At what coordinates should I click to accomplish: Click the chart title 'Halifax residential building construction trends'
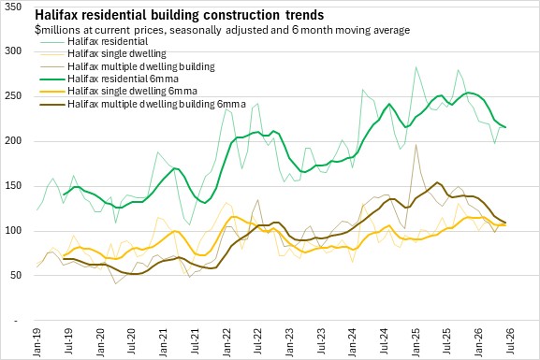(x=179, y=15)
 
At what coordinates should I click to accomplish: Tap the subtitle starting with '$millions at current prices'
(x=222, y=30)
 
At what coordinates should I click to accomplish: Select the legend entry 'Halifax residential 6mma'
(x=123, y=79)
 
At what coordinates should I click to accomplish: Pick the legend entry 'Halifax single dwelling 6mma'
(x=132, y=92)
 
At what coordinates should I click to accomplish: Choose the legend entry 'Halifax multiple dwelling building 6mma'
(x=156, y=104)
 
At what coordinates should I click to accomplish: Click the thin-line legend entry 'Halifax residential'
(x=108, y=41)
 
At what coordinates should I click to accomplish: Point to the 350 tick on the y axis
(x=13, y=7)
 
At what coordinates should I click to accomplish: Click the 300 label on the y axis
(x=13, y=51)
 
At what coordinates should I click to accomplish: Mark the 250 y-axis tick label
(x=13, y=96)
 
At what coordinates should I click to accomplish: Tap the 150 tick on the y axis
(x=13, y=186)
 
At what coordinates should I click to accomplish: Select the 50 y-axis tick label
(x=16, y=275)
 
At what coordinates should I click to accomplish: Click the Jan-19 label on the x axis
(x=36, y=342)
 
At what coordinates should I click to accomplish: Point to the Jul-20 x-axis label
(x=131, y=341)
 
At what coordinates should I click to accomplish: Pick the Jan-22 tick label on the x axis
(x=226, y=342)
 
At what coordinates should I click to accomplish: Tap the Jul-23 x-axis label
(x=321, y=341)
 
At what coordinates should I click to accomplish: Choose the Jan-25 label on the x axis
(x=416, y=342)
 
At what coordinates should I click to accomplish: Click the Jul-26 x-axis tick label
(x=510, y=341)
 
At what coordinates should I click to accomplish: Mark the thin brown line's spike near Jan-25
(x=416, y=145)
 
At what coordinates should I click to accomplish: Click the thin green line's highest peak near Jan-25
(x=416, y=66)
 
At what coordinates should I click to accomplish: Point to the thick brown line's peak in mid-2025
(x=437, y=182)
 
